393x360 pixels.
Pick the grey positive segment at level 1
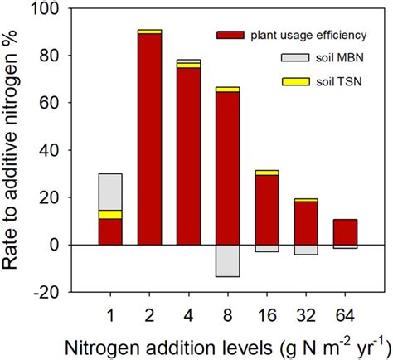(110, 192)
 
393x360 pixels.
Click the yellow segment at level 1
(110, 214)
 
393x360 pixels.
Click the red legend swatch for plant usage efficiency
(230, 35)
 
